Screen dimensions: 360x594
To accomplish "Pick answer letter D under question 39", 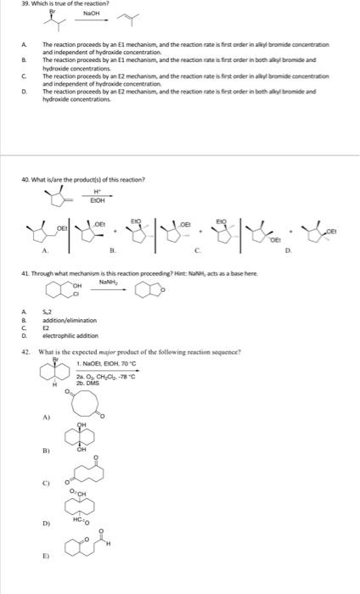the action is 23,89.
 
